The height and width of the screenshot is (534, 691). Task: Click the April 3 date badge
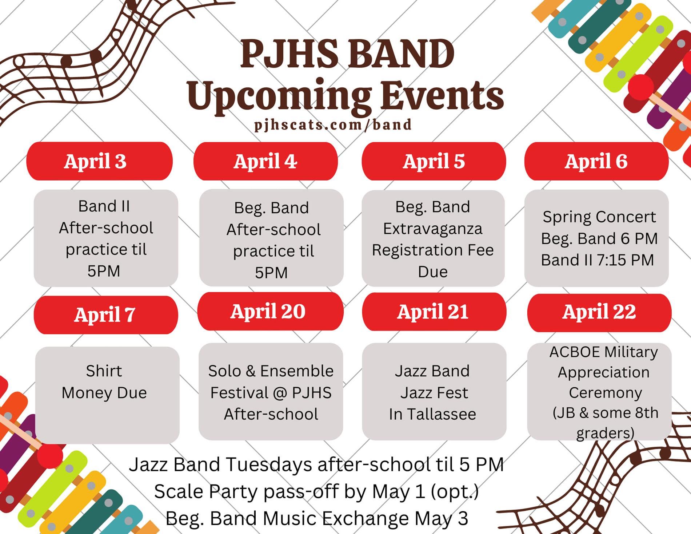(99, 161)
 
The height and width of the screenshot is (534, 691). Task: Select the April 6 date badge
(596, 161)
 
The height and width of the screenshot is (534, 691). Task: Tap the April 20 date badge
(270, 311)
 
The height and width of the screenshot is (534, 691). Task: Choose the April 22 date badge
(599, 312)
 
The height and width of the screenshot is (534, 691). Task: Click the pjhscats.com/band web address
(333, 124)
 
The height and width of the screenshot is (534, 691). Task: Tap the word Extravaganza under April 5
(432, 229)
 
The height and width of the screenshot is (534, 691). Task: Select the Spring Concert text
(599, 217)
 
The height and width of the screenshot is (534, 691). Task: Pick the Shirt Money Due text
(104, 382)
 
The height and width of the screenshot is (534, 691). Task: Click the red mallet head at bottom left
(50, 456)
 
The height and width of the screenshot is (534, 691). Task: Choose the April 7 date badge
(106, 315)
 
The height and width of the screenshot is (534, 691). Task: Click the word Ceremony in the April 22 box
(605, 393)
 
